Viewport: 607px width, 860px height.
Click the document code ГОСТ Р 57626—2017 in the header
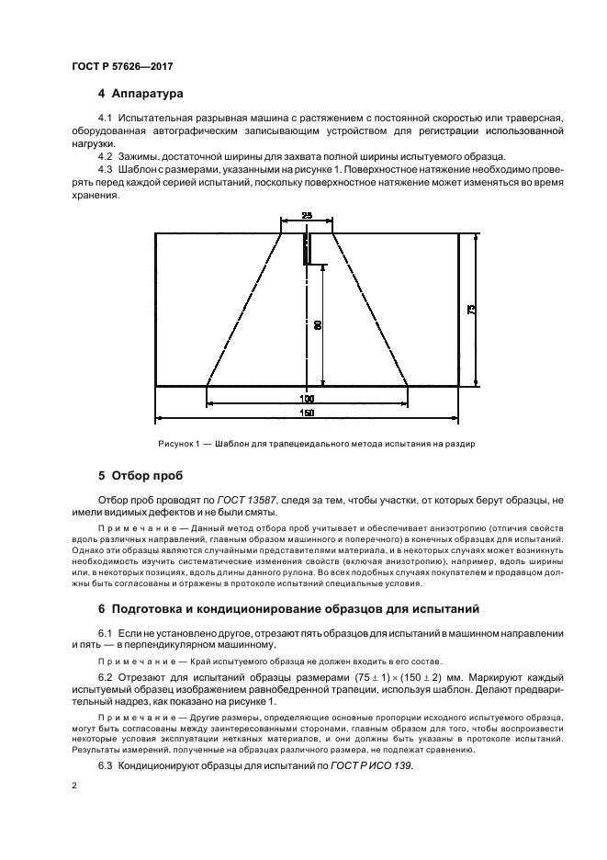point(121,66)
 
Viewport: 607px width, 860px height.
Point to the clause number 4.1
point(104,119)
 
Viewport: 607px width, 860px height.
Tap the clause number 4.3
point(104,169)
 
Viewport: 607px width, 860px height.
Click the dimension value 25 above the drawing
point(307,216)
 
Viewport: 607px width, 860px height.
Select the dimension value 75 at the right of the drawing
point(470,310)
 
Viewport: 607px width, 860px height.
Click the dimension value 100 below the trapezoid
point(307,399)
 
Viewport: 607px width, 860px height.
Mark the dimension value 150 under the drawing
point(307,414)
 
